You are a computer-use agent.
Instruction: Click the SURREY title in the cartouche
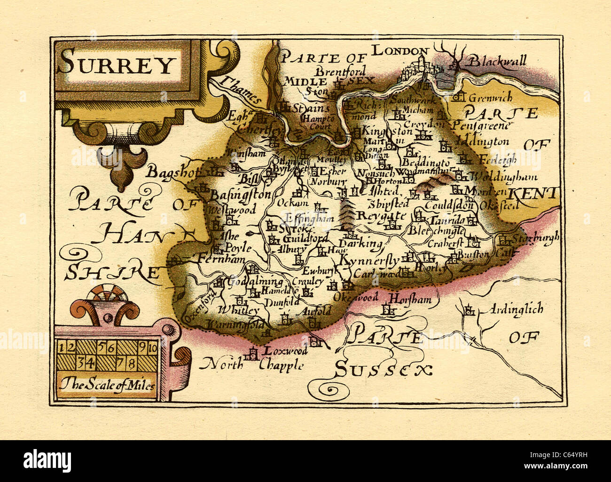tap(117, 65)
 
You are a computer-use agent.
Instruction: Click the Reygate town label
tap(381, 216)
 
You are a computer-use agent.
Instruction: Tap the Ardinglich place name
tap(516, 309)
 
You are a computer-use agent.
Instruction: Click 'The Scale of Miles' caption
tap(107, 386)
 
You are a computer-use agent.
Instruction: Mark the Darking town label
tap(360, 244)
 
